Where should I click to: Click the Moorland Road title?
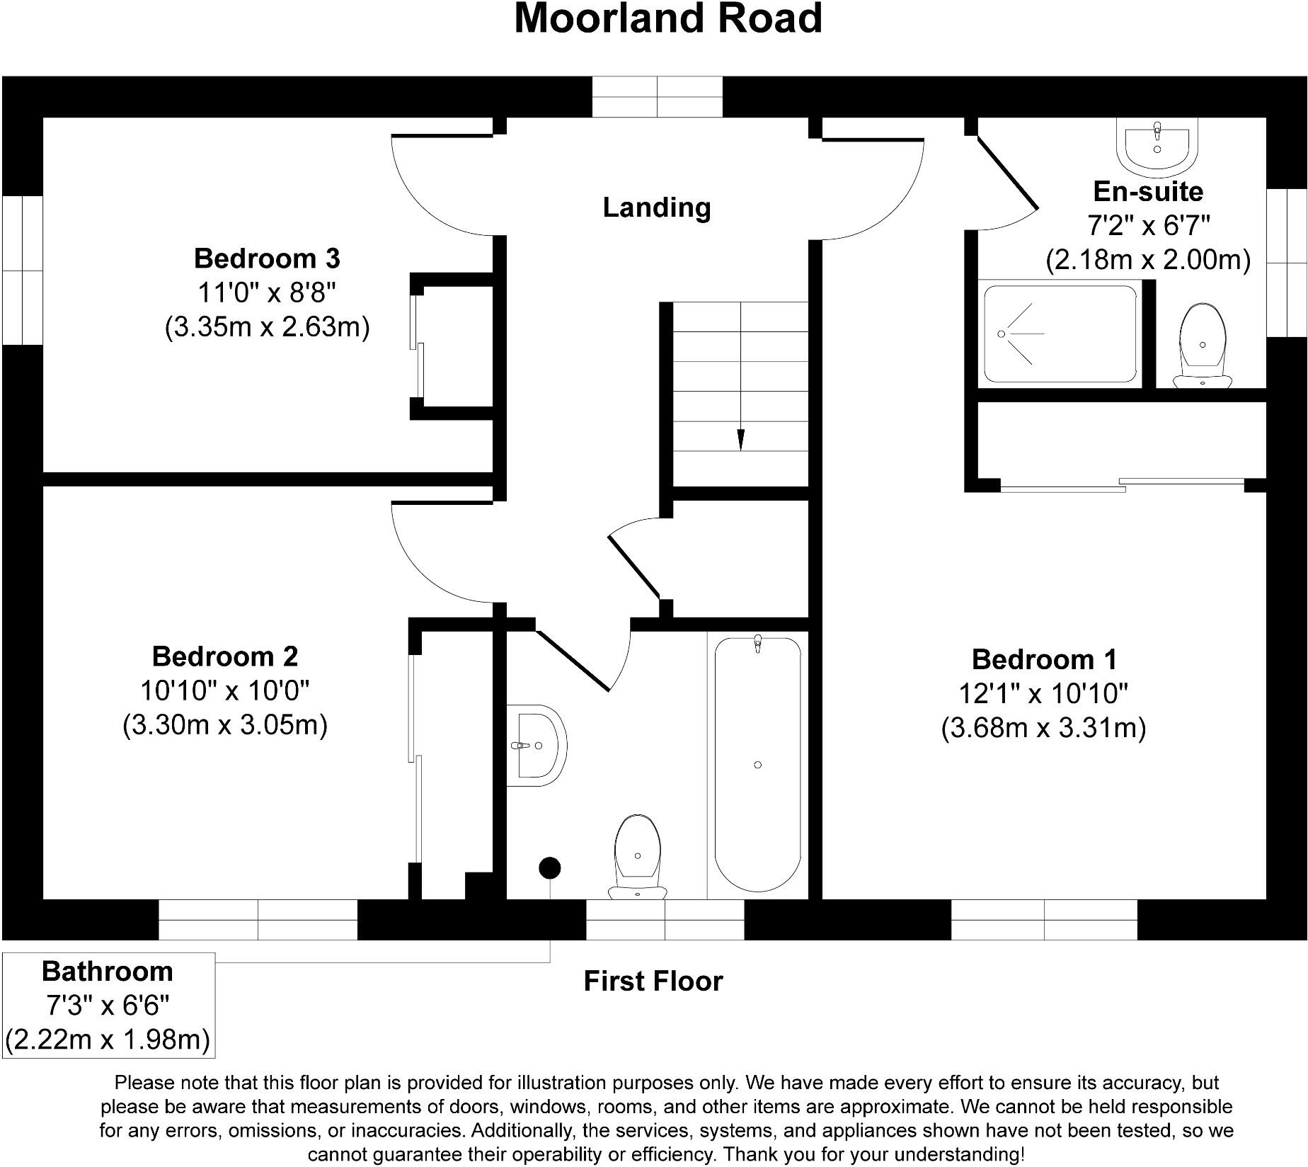pos(667,18)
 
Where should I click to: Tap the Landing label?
pos(656,207)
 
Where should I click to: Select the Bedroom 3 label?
pos(267,258)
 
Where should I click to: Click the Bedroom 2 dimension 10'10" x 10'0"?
pos(225,690)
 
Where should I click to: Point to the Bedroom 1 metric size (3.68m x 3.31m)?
pos(1043,728)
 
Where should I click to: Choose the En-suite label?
pos(1147,192)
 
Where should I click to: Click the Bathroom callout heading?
pos(108,972)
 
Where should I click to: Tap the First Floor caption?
pos(653,981)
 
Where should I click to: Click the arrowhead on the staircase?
pos(740,440)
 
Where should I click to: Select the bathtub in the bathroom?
pos(757,765)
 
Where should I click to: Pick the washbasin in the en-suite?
pos(1157,146)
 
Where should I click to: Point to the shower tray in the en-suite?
pos(1060,334)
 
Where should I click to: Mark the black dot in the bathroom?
pos(550,867)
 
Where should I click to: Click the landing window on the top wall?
pos(657,97)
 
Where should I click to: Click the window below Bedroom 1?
pos(1044,920)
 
